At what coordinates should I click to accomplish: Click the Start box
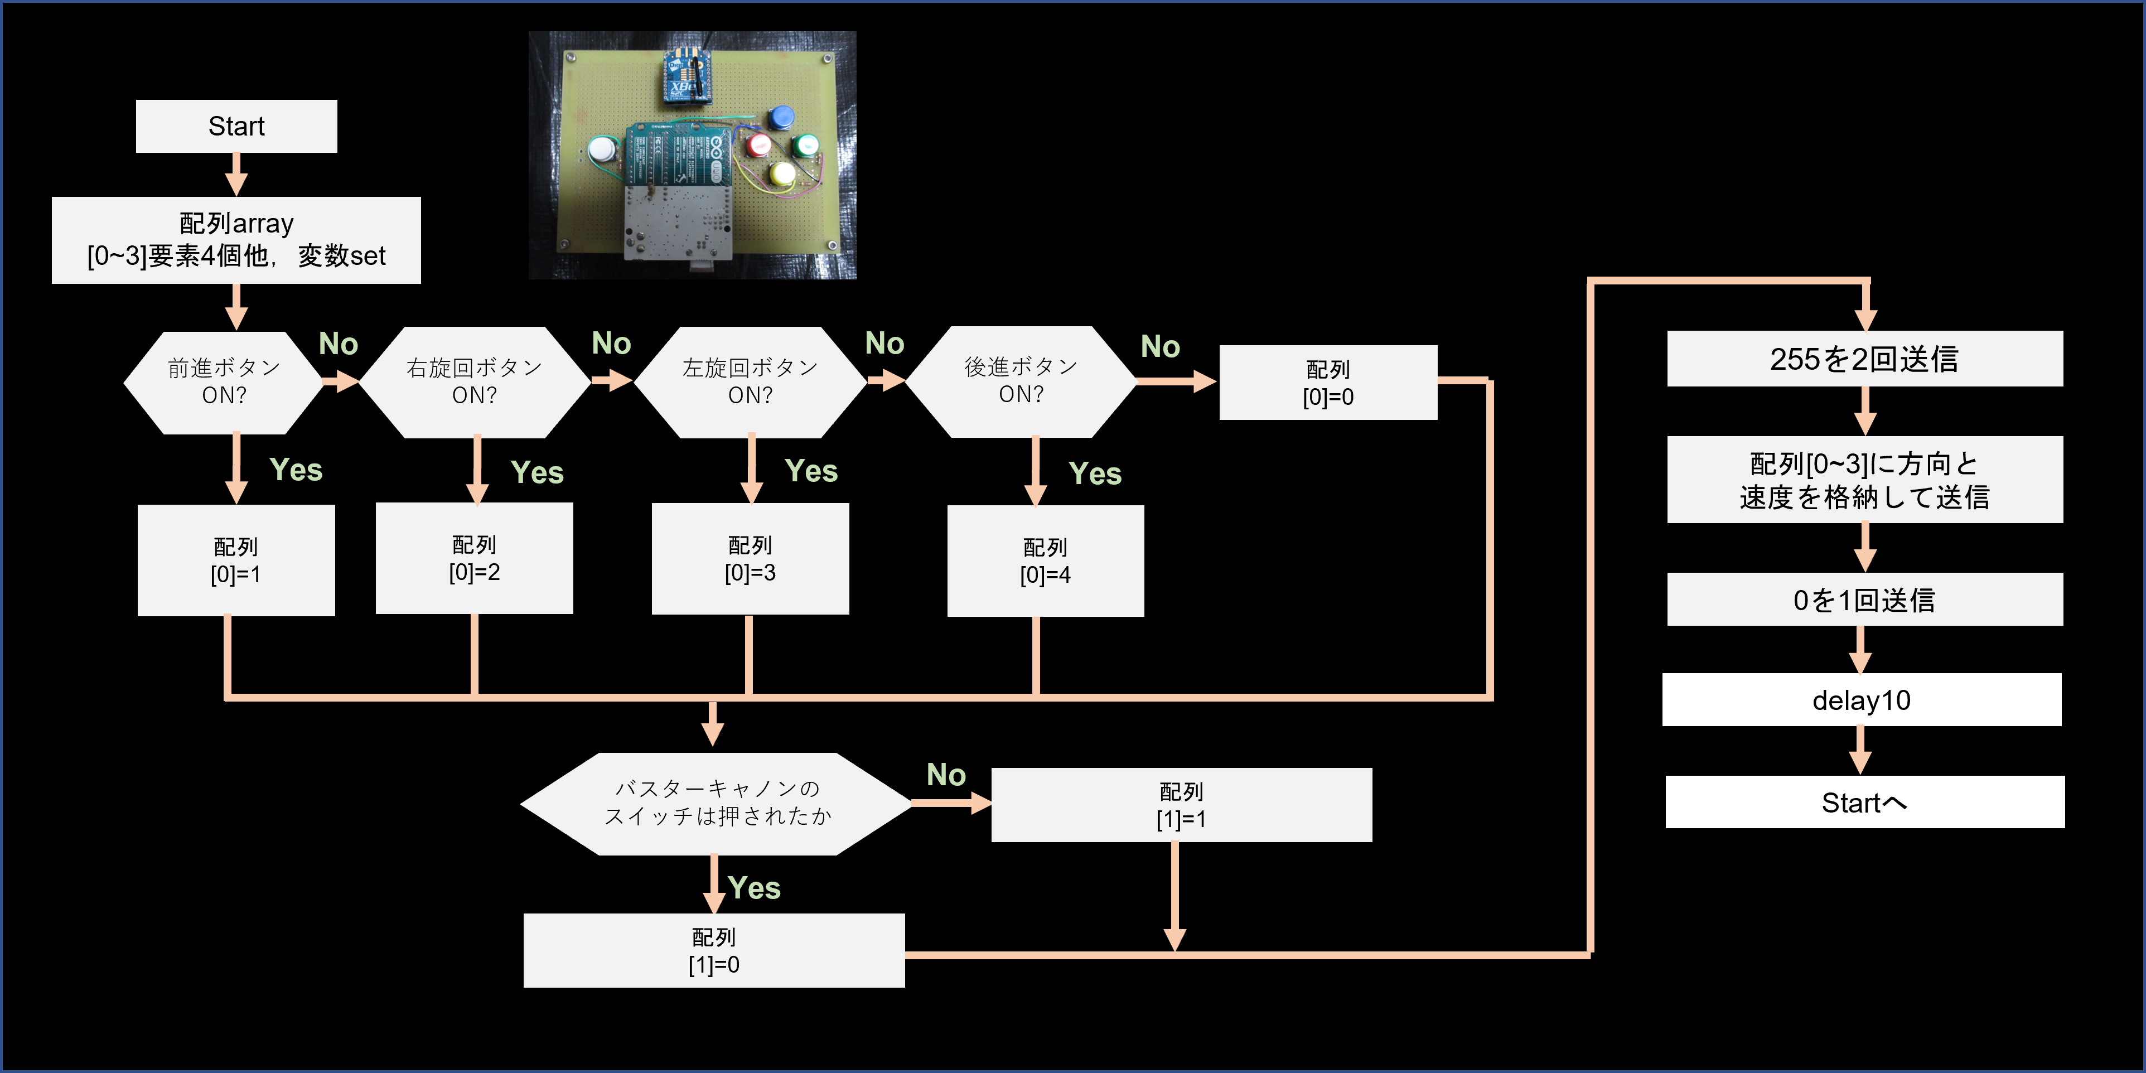coord(236,127)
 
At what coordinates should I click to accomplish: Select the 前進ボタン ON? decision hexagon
coord(223,381)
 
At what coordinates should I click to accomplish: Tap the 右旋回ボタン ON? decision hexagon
coord(474,381)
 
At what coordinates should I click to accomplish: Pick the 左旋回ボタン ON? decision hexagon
coord(750,381)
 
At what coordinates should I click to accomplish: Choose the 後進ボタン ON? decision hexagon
coord(1021,381)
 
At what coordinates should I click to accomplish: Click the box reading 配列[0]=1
coord(236,560)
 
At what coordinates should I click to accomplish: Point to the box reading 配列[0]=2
coord(474,558)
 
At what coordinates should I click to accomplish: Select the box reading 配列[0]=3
coord(750,558)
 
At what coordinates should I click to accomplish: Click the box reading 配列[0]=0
coord(1328,383)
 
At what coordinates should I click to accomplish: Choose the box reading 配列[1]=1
coord(1181,805)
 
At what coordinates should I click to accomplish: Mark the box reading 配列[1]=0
coord(713,950)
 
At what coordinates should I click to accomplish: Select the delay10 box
coord(1861,700)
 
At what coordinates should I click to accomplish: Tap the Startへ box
coord(1864,803)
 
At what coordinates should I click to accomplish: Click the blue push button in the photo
coord(781,118)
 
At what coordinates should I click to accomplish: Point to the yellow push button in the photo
coord(782,173)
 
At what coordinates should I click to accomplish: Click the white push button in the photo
coord(602,150)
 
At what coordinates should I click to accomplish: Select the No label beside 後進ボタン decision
coord(1159,346)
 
